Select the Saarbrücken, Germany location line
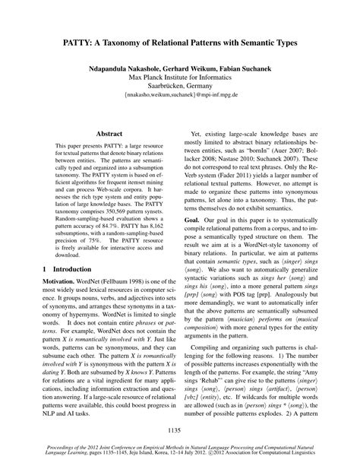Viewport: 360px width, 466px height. tap(180, 87)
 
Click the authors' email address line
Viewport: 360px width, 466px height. tap(180, 99)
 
